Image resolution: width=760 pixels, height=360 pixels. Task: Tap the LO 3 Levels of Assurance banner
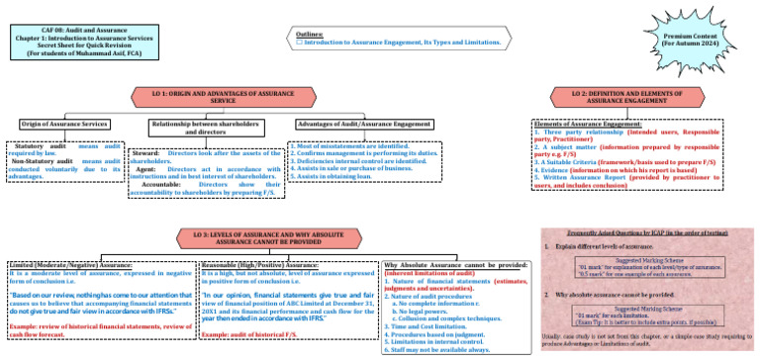264,237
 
